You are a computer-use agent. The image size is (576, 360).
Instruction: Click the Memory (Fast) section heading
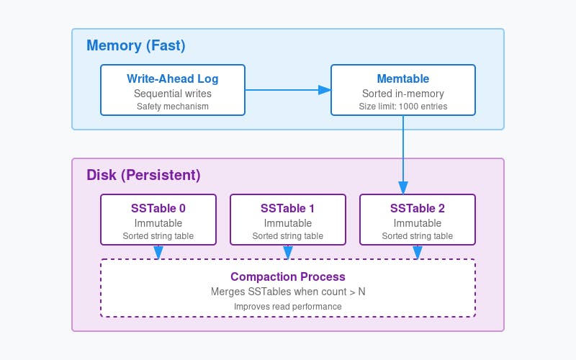136,46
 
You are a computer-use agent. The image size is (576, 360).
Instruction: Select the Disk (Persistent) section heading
143,176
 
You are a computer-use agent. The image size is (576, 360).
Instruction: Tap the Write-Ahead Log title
173,78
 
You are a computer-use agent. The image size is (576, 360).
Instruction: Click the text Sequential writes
173,93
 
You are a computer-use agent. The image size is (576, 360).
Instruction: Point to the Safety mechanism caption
173,107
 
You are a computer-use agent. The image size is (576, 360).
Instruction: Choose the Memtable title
403,78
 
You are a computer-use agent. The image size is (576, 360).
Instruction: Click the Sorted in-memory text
403,93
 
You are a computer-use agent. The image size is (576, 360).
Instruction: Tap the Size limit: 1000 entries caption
403,107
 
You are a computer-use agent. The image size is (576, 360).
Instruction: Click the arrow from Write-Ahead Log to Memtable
288,90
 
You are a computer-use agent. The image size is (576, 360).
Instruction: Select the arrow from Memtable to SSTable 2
403,155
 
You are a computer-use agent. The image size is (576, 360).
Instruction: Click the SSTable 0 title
158,208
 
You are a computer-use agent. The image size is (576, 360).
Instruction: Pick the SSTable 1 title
288,208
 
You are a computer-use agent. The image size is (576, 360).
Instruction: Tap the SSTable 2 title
418,208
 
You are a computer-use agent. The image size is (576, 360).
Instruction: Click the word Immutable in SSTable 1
288,223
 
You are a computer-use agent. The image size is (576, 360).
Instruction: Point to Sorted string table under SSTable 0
158,236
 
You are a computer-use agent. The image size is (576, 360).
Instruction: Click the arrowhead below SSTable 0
158,253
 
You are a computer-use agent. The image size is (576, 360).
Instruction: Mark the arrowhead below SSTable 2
418,253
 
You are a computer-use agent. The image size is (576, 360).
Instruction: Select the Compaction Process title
288,276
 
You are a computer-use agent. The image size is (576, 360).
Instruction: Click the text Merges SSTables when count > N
288,292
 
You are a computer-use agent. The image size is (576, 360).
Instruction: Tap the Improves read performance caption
288,306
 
